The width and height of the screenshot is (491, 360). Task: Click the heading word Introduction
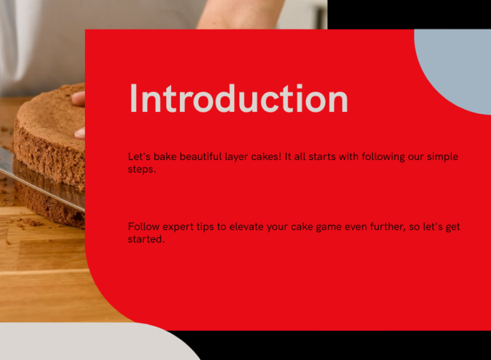239,98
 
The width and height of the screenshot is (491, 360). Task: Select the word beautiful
201,157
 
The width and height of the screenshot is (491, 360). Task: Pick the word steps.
142,170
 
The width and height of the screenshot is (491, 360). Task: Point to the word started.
146,239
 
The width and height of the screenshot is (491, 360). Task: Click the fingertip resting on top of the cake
79,99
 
